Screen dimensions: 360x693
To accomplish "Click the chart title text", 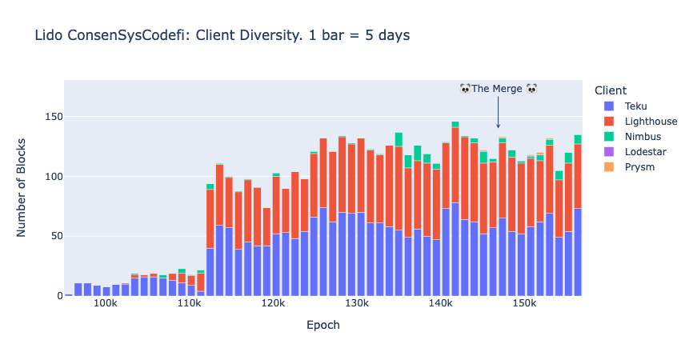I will click(x=222, y=36).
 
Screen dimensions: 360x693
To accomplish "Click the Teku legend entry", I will click(x=625, y=106).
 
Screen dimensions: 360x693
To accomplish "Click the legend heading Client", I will click(x=611, y=90).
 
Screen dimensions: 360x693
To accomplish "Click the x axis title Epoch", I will click(x=323, y=326).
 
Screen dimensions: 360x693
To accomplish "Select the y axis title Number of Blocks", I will click(x=22, y=188).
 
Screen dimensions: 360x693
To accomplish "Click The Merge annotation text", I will click(x=498, y=89).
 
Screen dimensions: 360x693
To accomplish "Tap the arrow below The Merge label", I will click(x=498, y=112).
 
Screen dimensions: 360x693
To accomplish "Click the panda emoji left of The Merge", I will click(x=465, y=88).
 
